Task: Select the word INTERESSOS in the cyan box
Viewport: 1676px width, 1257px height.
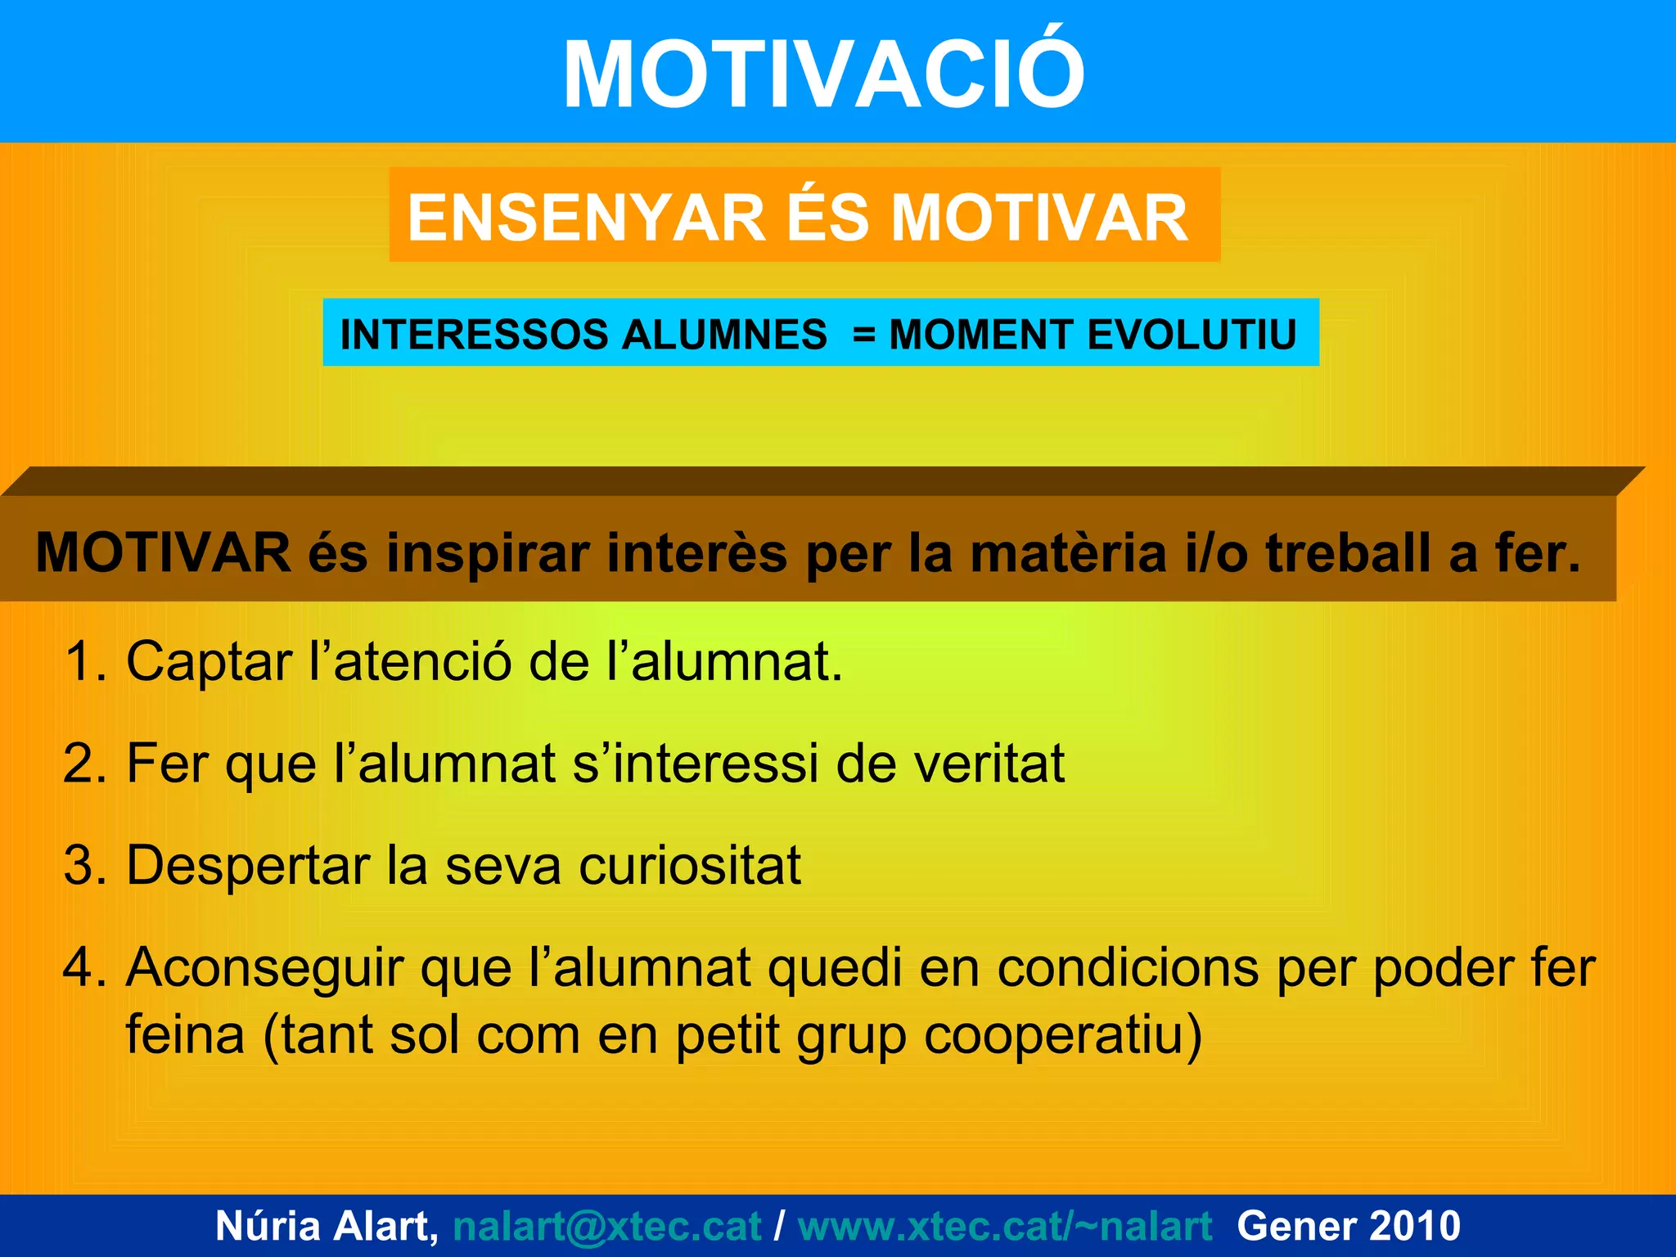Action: [x=475, y=335]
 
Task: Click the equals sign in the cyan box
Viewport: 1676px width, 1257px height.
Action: [x=863, y=336]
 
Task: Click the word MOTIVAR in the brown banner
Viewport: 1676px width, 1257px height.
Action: [x=164, y=553]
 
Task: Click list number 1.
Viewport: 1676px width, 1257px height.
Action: [x=84, y=661]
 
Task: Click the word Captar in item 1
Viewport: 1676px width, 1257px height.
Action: [x=209, y=663]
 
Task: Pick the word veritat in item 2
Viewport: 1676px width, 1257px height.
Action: [x=989, y=764]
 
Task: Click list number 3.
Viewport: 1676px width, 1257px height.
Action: [x=84, y=865]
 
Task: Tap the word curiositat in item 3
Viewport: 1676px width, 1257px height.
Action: [x=689, y=865]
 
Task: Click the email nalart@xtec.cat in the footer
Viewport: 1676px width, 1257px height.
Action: [x=606, y=1226]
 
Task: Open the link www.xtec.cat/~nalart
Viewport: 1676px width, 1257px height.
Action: [x=1004, y=1226]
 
